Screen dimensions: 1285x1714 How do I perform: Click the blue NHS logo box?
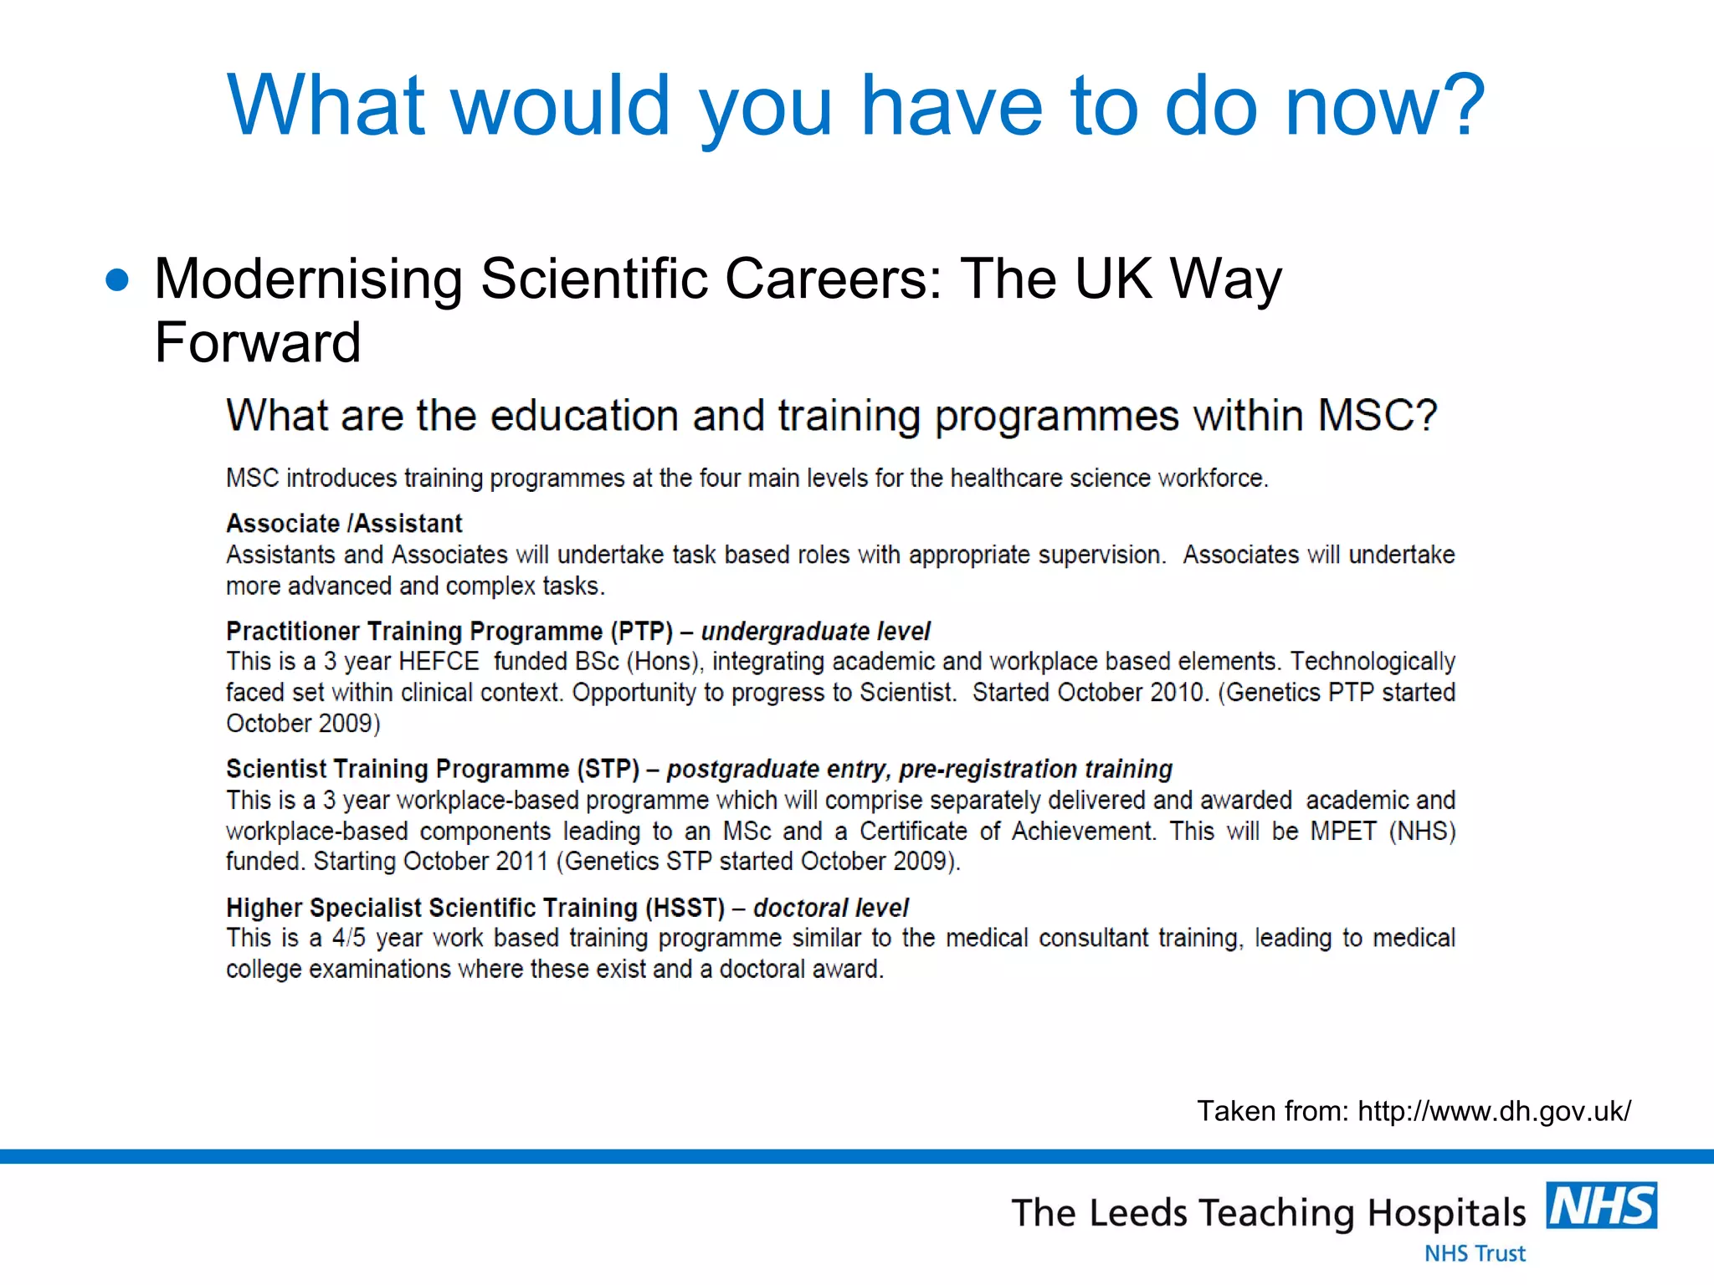pyautogui.click(x=1601, y=1206)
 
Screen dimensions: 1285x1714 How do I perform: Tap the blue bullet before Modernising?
pyautogui.click(x=118, y=280)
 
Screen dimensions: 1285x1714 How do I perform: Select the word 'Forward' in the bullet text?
pyautogui.click(x=258, y=343)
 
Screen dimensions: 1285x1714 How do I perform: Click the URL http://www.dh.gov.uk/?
pyautogui.click(x=1494, y=1111)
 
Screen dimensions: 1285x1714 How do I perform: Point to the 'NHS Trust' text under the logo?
pyautogui.click(x=1475, y=1253)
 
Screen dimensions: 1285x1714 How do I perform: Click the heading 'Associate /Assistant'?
pyautogui.click(x=344, y=524)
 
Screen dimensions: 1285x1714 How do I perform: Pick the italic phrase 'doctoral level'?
pyautogui.click(x=830, y=908)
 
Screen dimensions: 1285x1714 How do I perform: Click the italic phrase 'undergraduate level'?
pyautogui.click(x=815, y=631)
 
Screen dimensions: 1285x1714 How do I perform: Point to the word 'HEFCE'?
pyautogui.click(x=439, y=662)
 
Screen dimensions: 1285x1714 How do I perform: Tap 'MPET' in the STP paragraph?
pyautogui.click(x=1343, y=832)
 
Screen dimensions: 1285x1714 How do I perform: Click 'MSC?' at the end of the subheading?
pyautogui.click(x=1378, y=416)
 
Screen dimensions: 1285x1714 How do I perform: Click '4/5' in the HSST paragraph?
pyautogui.click(x=349, y=939)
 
